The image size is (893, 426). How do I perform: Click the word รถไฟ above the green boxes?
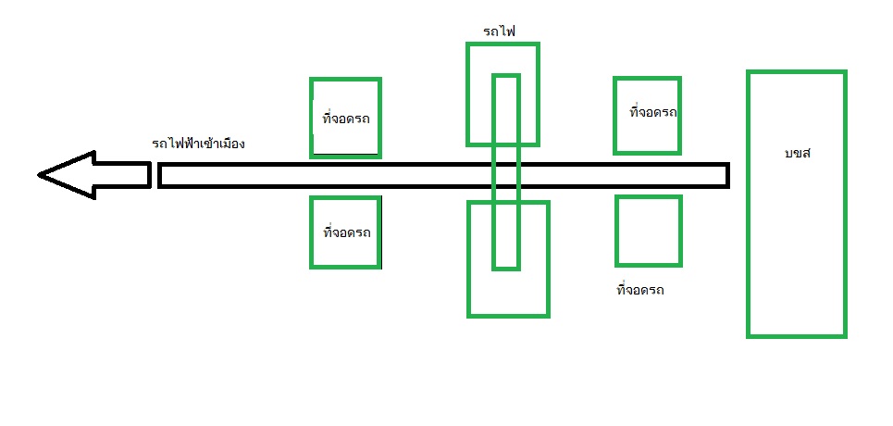[499, 31]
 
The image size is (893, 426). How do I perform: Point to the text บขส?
[797, 153]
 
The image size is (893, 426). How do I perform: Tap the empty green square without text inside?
[649, 231]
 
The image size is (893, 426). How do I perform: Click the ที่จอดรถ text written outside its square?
[639, 290]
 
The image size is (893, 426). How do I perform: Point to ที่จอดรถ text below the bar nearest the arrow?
[347, 232]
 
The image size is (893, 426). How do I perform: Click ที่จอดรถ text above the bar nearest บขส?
[652, 112]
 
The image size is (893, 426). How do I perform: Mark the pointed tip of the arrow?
[41, 174]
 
